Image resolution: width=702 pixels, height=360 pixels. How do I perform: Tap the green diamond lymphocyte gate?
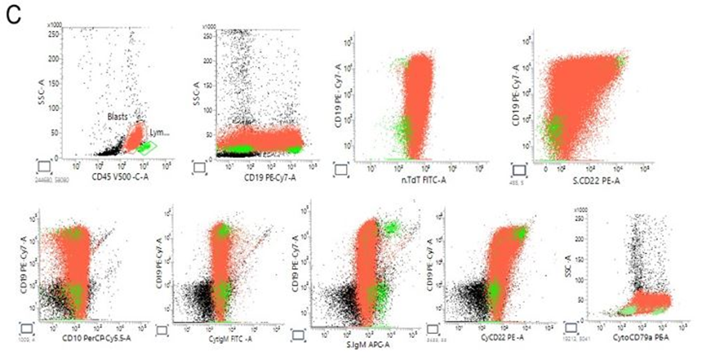146,147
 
